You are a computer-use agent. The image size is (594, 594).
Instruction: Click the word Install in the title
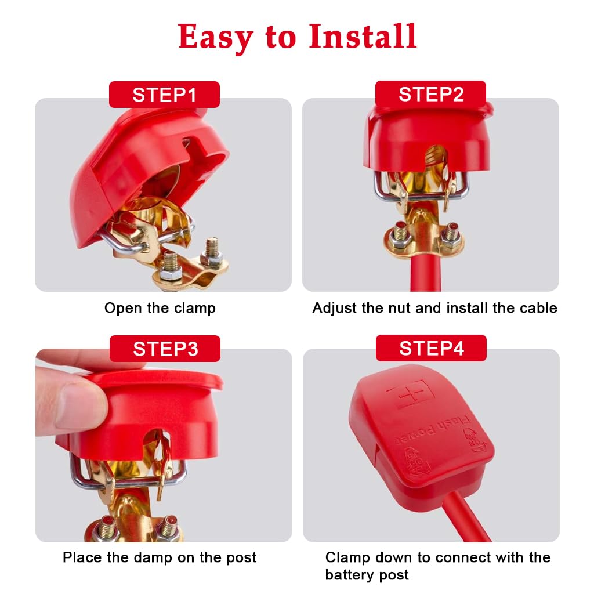(363, 37)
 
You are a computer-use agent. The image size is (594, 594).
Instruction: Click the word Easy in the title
(215, 37)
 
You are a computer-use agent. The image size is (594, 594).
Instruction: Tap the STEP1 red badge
(164, 95)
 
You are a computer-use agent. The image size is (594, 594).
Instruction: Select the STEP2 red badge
(430, 94)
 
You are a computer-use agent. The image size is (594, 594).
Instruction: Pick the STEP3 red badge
(165, 349)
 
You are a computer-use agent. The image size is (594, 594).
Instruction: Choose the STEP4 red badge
(431, 348)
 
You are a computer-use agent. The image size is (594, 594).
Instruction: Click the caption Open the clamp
(160, 308)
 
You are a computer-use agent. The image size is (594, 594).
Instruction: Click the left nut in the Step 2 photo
(400, 233)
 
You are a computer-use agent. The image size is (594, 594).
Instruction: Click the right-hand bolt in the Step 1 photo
(212, 254)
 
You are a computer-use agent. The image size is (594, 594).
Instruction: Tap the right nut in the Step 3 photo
(169, 527)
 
